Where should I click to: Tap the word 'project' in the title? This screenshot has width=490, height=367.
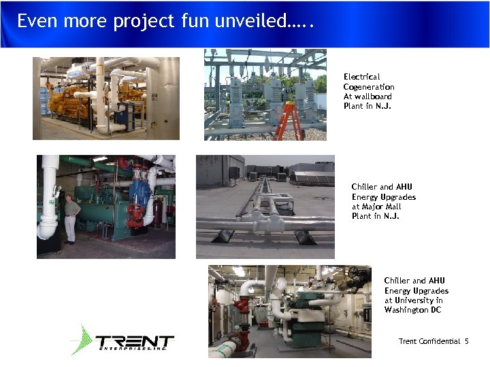click(148, 22)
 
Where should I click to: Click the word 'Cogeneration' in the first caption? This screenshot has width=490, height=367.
click(369, 87)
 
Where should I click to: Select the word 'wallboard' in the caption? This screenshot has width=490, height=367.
click(374, 97)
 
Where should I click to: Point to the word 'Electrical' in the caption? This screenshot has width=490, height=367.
click(361, 77)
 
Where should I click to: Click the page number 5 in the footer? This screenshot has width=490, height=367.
click(467, 341)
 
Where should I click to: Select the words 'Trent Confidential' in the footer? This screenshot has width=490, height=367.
click(429, 341)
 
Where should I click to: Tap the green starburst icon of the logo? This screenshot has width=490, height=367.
click(82, 340)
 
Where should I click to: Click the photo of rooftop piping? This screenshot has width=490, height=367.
click(265, 207)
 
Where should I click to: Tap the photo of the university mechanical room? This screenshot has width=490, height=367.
click(289, 311)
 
